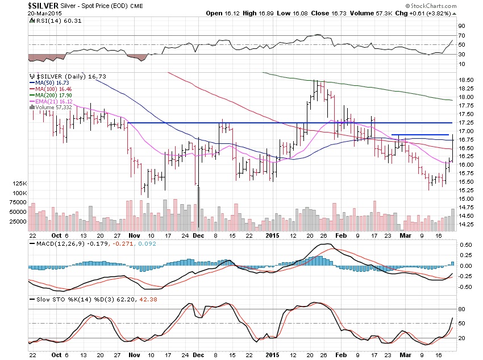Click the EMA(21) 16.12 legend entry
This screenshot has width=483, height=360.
(49, 101)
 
